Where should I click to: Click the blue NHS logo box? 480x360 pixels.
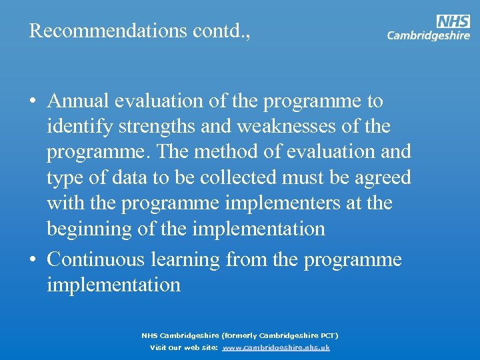453,21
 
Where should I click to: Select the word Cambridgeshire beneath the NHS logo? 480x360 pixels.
429,36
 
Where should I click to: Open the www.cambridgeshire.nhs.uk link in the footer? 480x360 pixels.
276,348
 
